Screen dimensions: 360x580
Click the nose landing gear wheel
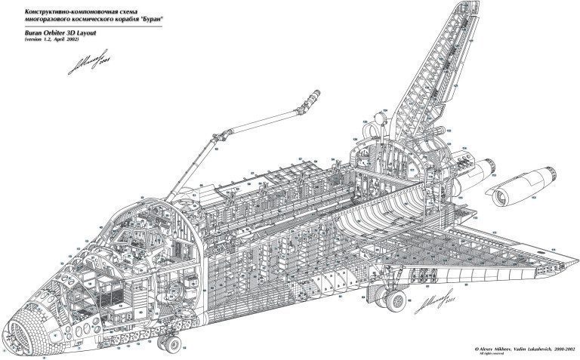click(x=172, y=345)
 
